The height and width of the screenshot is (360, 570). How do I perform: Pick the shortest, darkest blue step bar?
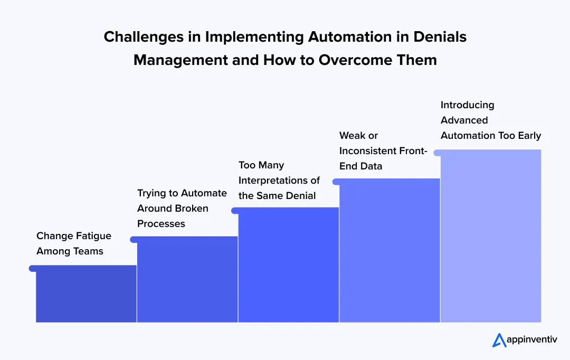coord(86,295)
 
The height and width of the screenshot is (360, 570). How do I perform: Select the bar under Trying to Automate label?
coord(187,280)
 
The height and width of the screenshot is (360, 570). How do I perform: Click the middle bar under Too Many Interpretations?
coord(288,265)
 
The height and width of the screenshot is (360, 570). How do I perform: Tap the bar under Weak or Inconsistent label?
coord(389,251)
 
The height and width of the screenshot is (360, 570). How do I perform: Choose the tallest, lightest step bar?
coord(491,236)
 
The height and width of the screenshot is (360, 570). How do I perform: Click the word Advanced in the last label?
coord(464,120)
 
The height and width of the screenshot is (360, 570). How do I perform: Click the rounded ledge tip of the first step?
coord(32,268)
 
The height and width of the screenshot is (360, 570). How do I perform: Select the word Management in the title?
coord(180,60)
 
